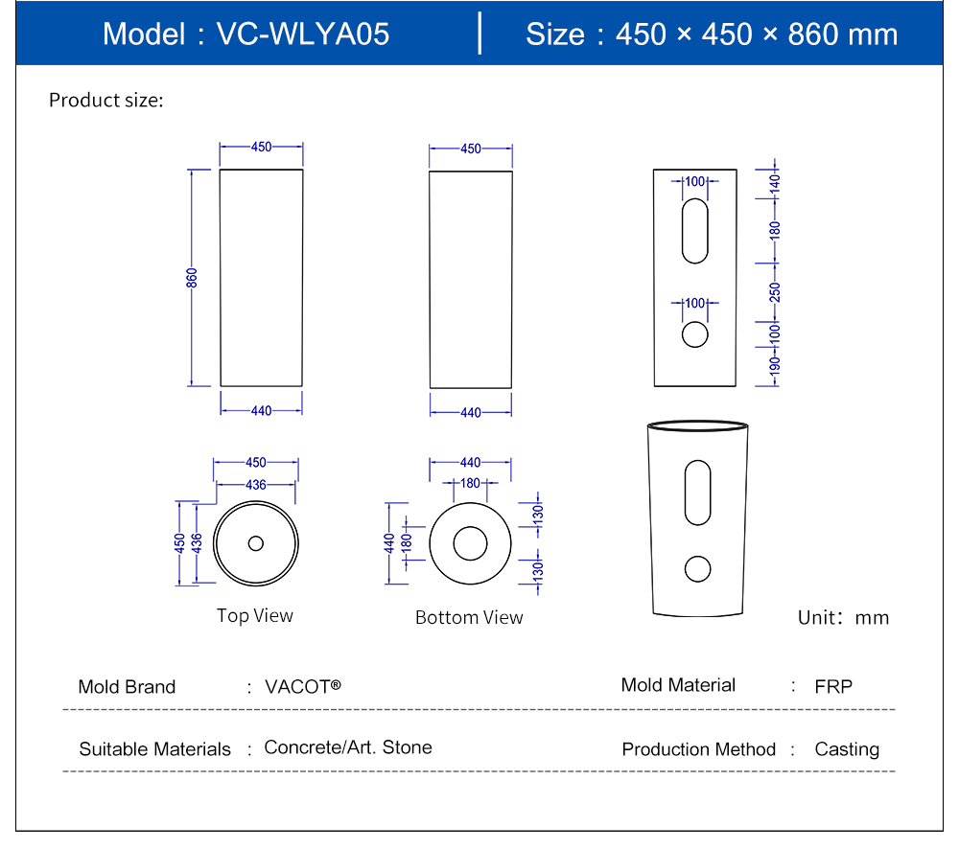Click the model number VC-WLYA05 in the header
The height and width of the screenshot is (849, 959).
[303, 34]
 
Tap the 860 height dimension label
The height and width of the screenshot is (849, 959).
[192, 278]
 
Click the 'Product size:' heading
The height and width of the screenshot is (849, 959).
[106, 100]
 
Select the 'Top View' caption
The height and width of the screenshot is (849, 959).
[255, 615]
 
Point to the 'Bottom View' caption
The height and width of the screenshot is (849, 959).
[469, 617]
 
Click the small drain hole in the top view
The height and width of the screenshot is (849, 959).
[255, 543]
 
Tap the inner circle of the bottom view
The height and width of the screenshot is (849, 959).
[470, 543]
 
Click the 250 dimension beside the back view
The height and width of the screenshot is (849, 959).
[775, 291]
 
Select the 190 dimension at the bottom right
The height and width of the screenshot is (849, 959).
[775, 364]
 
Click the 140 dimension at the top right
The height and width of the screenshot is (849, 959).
[775, 182]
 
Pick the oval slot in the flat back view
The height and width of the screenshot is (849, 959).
[695, 230]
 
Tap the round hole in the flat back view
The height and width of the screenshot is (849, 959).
[695, 333]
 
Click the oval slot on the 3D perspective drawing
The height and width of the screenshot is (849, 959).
[697, 493]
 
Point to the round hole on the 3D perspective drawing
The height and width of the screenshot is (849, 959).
[697, 569]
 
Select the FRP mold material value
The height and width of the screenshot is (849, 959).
[833, 686]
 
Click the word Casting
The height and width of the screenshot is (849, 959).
[847, 749]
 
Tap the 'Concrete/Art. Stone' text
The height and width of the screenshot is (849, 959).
[348, 747]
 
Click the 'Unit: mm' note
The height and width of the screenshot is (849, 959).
[844, 617]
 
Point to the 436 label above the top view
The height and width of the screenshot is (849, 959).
[255, 485]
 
